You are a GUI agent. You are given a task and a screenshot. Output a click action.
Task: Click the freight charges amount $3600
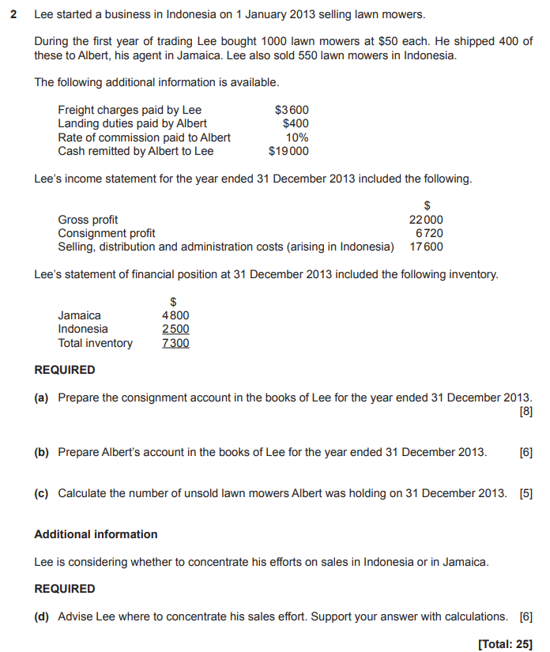[292, 110]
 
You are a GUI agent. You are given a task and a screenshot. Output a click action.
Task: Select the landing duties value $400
[296, 123]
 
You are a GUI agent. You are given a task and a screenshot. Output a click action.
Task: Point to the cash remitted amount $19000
[288, 151]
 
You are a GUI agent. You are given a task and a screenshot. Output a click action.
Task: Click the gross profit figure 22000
[426, 220]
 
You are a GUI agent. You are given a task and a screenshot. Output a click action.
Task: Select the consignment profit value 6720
[429, 233]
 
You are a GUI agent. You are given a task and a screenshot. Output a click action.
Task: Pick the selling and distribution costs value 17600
[426, 247]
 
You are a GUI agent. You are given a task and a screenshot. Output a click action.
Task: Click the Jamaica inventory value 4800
[175, 315]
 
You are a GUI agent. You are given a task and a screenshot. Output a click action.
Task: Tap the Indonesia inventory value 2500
[175, 329]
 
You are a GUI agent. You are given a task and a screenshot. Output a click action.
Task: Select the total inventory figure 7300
[175, 343]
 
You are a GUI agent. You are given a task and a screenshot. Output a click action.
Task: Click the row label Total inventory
[95, 343]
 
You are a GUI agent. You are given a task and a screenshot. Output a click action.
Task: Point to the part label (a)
[41, 398]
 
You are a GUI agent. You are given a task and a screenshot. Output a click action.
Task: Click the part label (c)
[41, 493]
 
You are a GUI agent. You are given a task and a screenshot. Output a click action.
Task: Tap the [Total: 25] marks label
[506, 643]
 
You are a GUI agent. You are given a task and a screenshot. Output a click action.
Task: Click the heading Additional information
[96, 534]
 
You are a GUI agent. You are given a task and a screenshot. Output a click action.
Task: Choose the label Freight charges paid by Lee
[130, 110]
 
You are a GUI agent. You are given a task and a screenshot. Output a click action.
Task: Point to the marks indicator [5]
[526, 493]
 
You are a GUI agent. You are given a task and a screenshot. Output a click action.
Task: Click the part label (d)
[41, 616]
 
